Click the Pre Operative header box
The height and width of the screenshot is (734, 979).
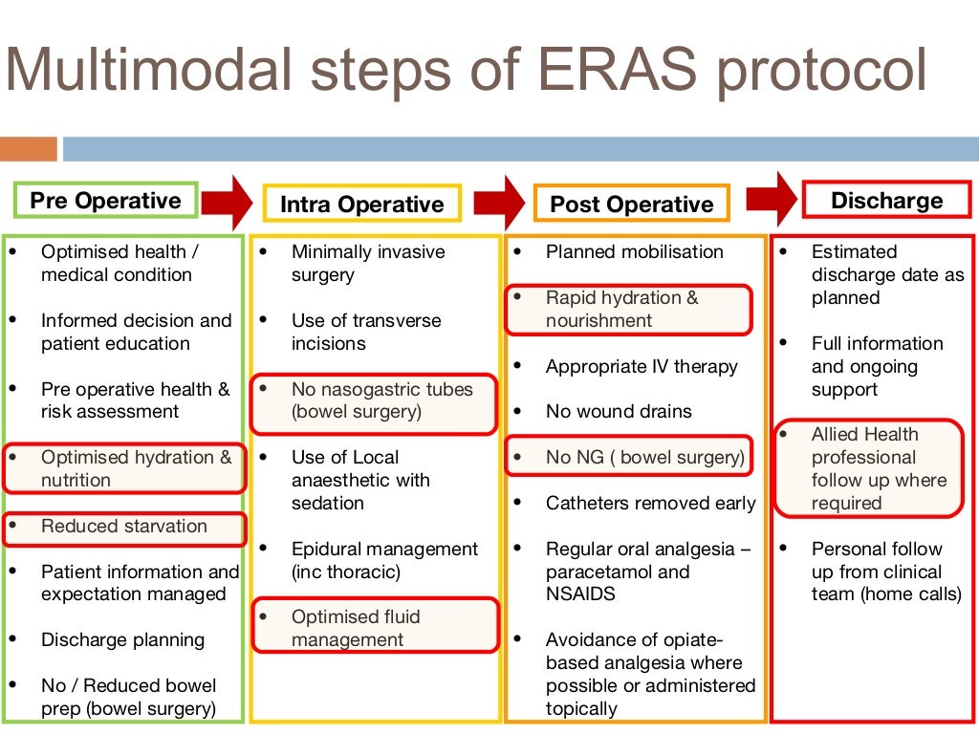pyautogui.click(x=105, y=201)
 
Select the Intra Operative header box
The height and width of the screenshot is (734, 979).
pyautogui.click(x=361, y=205)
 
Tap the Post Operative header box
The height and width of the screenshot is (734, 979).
pyautogui.click(x=631, y=205)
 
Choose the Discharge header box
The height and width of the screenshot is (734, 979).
pyautogui.click(x=886, y=201)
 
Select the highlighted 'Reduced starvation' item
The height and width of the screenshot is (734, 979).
pyautogui.click(x=124, y=528)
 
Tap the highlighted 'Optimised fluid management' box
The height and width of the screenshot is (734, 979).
pyautogui.click(x=375, y=628)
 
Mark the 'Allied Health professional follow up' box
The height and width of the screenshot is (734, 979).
pyautogui.click(x=867, y=468)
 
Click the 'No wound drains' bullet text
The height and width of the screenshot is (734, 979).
pyautogui.click(x=619, y=412)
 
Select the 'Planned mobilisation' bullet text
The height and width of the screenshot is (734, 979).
pyautogui.click(x=634, y=252)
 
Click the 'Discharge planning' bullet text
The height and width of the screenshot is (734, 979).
pyautogui.click(x=122, y=640)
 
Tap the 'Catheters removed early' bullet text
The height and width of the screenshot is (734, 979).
pyautogui.click(x=650, y=504)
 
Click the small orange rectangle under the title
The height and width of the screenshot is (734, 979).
pyautogui.click(x=29, y=149)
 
